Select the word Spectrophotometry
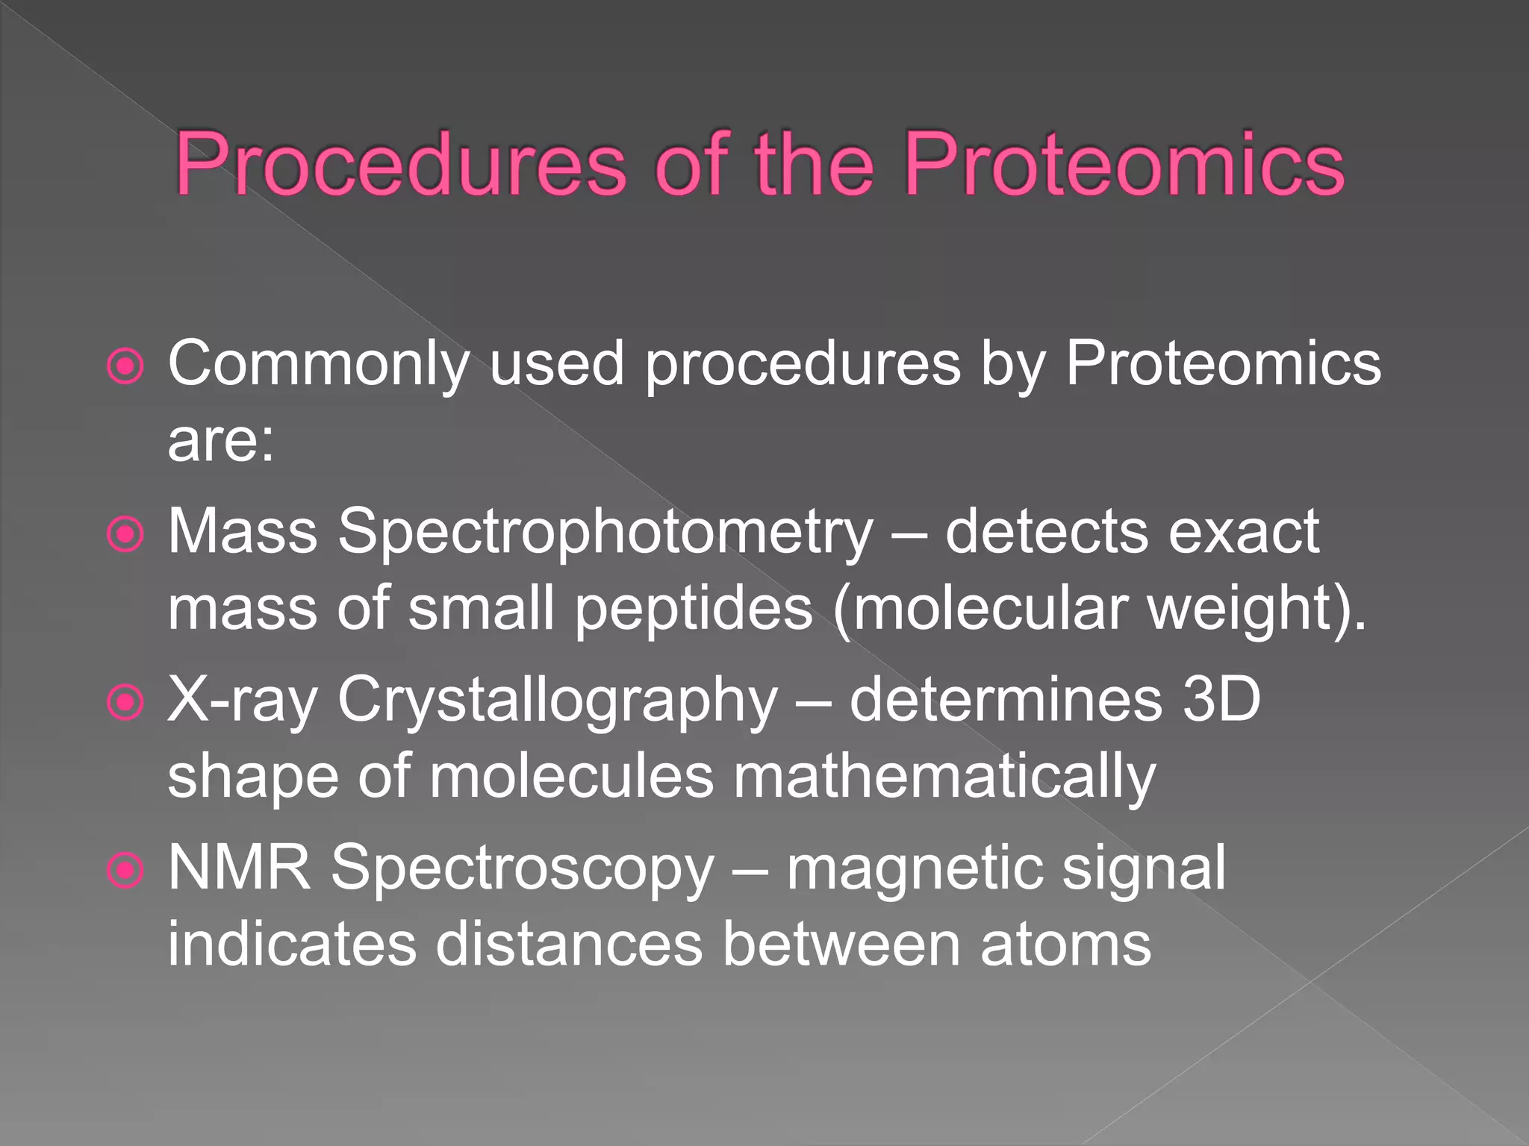(x=605, y=533)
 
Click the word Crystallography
(x=557, y=701)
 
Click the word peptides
(x=694, y=609)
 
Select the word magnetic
(x=915, y=869)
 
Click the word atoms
(x=1065, y=945)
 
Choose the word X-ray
(x=243, y=701)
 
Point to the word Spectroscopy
(x=523, y=869)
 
